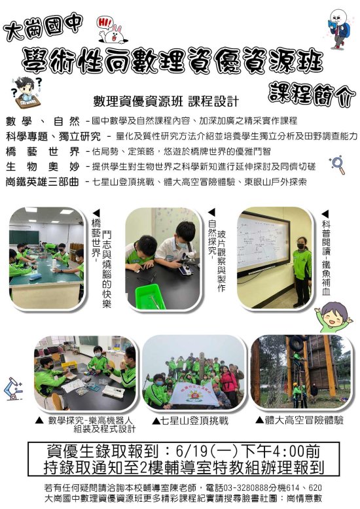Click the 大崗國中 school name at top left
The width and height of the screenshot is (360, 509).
(43, 27)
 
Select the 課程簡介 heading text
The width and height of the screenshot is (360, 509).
(312, 94)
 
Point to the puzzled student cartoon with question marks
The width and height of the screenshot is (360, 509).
(27, 93)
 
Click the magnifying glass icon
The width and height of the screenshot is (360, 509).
(337, 164)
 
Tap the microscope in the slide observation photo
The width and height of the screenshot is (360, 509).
(187, 262)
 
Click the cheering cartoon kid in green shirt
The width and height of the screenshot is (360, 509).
(333, 317)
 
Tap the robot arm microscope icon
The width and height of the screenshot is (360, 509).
(13, 388)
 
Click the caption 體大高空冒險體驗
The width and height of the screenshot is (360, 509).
(304, 420)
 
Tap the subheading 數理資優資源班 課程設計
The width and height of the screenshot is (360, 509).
(166, 101)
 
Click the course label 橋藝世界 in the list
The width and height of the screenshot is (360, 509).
(43, 151)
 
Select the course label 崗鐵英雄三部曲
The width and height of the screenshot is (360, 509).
(43, 182)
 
